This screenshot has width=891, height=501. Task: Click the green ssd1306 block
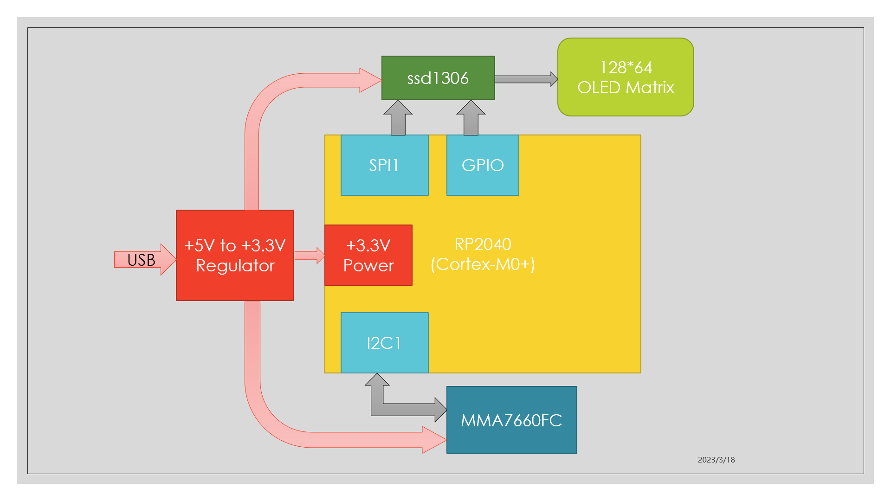click(438, 78)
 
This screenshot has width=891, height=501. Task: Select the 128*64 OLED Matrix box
click(626, 77)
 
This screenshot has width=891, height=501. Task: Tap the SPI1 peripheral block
click(384, 165)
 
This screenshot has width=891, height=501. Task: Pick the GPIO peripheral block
click(483, 165)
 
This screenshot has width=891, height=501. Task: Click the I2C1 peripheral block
click(384, 343)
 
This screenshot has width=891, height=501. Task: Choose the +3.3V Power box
click(368, 255)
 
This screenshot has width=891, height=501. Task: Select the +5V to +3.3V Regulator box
click(235, 255)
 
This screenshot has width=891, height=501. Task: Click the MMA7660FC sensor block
click(511, 420)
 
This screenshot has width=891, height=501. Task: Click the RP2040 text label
click(483, 244)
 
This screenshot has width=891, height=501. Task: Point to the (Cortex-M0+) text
click(483, 264)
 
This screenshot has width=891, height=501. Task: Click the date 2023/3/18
click(716, 460)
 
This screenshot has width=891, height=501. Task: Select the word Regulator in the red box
click(235, 266)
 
